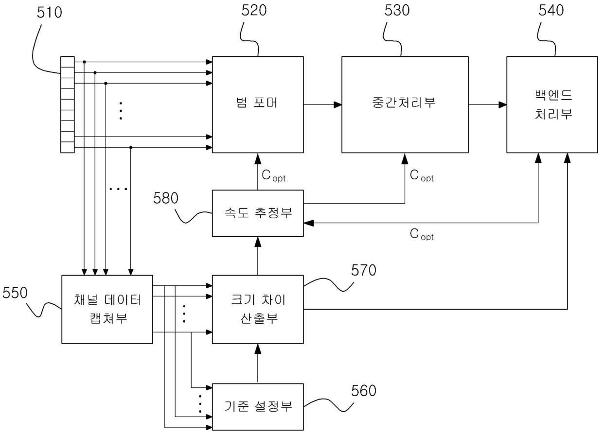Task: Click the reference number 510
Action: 50,12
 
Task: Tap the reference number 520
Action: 254,11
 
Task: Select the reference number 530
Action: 397,11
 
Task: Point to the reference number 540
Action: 551,11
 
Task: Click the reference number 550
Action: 15,293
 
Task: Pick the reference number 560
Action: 364,391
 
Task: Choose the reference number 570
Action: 364,270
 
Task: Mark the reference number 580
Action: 166,198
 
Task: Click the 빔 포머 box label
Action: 257,103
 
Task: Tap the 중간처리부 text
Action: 404,103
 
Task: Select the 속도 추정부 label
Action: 258,213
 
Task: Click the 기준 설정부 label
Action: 258,406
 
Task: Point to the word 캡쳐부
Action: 108,318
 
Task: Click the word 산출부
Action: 259,318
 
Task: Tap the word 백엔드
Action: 553,95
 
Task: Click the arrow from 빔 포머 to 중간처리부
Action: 323,104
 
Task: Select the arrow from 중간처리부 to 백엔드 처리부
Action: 488,104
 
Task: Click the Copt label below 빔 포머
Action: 273,176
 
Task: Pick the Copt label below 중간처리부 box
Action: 422,176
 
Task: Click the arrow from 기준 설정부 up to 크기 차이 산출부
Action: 258,364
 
